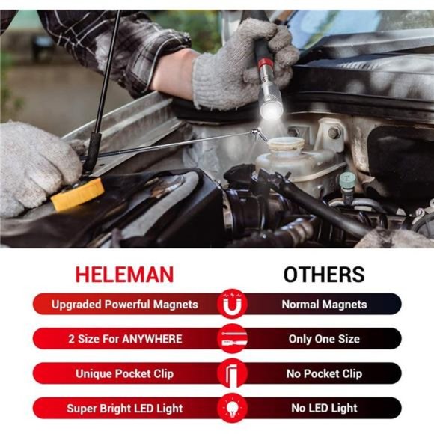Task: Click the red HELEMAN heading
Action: (x=124, y=275)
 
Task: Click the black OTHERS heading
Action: (x=324, y=275)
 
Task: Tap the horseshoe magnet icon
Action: (x=233, y=304)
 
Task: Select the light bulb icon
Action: (x=233, y=408)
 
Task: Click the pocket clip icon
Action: (x=232, y=373)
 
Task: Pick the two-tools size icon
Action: (x=233, y=338)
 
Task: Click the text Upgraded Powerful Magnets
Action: (x=124, y=305)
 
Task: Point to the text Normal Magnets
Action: (x=324, y=305)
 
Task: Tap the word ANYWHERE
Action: (x=152, y=339)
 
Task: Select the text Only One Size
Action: (x=324, y=339)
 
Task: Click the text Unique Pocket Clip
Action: (x=124, y=373)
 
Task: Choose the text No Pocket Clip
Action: (x=324, y=373)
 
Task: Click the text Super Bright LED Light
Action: (x=124, y=409)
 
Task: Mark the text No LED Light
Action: (x=324, y=408)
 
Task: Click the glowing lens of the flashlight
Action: (x=272, y=111)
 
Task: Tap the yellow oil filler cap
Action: (x=78, y=195)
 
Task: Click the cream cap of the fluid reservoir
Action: (x=286, y=144)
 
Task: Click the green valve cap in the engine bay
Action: (x=346, y=180)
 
